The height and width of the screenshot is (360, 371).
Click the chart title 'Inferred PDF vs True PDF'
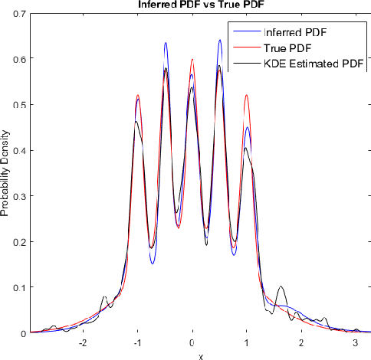[192, 5]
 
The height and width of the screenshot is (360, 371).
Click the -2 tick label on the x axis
[83, 343]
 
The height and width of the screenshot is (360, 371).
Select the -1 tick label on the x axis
[137, 343]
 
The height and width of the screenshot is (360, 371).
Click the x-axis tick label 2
[301, 343]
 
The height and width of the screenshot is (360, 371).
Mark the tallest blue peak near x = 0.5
[219, 41]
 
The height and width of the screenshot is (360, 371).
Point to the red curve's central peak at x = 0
[192, 60]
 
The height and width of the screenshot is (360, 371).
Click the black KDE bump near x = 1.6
[281, 287]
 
